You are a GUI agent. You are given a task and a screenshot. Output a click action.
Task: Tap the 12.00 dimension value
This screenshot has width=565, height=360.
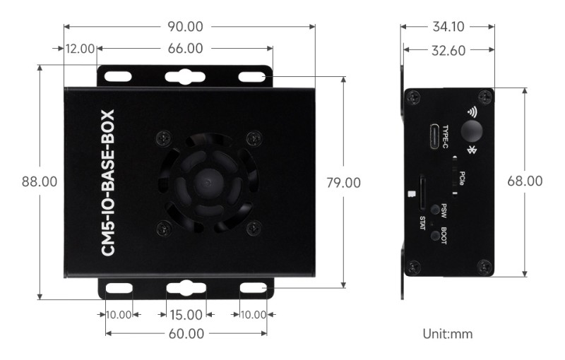pyautogui.click(x=80, y=49)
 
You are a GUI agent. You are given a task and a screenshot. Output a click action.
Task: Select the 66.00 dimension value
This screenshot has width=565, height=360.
pyautogui.click(x=186, y=49)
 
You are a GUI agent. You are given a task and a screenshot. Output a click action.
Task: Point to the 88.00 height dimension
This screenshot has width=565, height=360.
pyautogui.click(x=40, y=181)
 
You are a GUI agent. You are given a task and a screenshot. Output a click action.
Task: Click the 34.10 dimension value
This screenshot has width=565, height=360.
pyautogui.click(x=448, y=27)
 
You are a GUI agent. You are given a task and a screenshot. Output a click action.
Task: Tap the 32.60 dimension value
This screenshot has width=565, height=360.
pyautogui.click(x=448, y=50)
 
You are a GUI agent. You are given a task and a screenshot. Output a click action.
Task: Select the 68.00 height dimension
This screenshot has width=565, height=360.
pyautogui.click(x=525, y=181)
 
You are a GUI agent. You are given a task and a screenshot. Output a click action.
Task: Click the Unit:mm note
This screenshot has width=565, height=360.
pyautogui.click(x=447, y=332)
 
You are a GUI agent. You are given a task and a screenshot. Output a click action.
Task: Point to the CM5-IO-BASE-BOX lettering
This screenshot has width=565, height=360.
pyautogui.click(x=108, y=182)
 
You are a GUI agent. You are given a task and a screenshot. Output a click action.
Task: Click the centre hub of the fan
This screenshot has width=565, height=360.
pyautogui.click(x=206, y=181)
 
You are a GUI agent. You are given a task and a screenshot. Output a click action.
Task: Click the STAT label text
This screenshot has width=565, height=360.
pyautogui.click(x=422, y=222)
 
